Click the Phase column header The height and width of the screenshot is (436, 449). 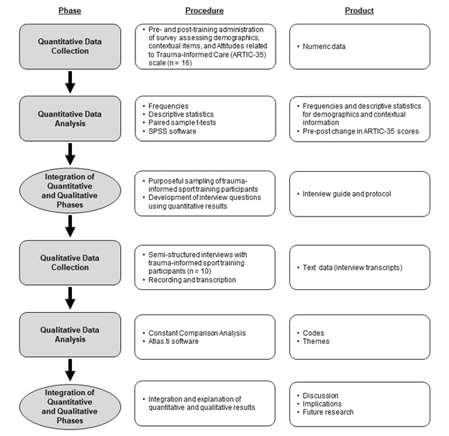click(69, 11)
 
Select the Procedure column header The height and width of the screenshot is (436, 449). click(204, 11)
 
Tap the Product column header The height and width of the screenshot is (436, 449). click(359, 11)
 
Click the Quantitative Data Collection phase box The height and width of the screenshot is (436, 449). click(69, 47)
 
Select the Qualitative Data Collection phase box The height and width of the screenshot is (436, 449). click(69, 262)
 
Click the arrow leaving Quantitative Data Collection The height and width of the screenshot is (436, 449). click(70, 82)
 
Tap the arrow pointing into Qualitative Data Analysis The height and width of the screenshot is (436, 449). click(70, 297)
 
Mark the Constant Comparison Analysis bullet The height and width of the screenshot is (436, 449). click(197, 332)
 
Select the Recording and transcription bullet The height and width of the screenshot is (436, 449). click(191, 279)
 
